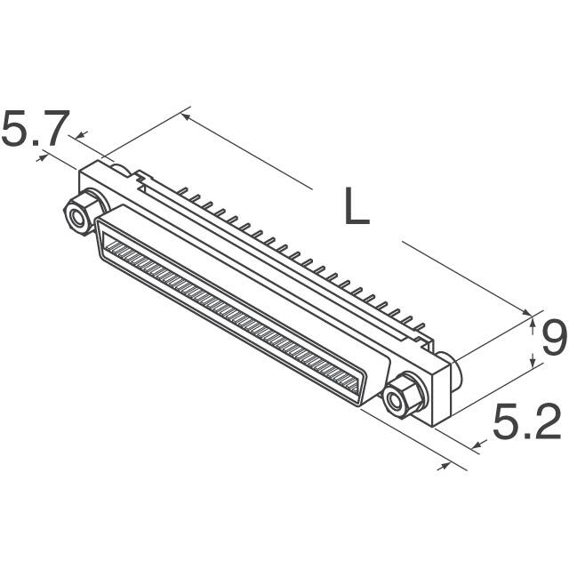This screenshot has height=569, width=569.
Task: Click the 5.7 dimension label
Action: pyautogui.click(x=36, y=128)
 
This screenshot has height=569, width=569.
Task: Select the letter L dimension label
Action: pyautogui.click(x=357, y=206)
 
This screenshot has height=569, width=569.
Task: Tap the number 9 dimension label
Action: pyautogui.click(x=554, y=338)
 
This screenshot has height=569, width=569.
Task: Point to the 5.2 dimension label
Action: pyautogui.click(x=526, y=421)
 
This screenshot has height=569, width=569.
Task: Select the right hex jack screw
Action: pyautogui.click(x=404, y=396)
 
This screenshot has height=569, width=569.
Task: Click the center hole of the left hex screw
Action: pyautogui.click(x=77, y=219)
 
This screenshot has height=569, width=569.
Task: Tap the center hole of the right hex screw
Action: pyautogui.click(x=395, y=401)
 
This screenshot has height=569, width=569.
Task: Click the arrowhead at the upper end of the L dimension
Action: pyautogui.click(x=186, y=116)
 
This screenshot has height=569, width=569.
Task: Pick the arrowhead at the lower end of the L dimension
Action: pyautogui.click(x=525, y=312)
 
